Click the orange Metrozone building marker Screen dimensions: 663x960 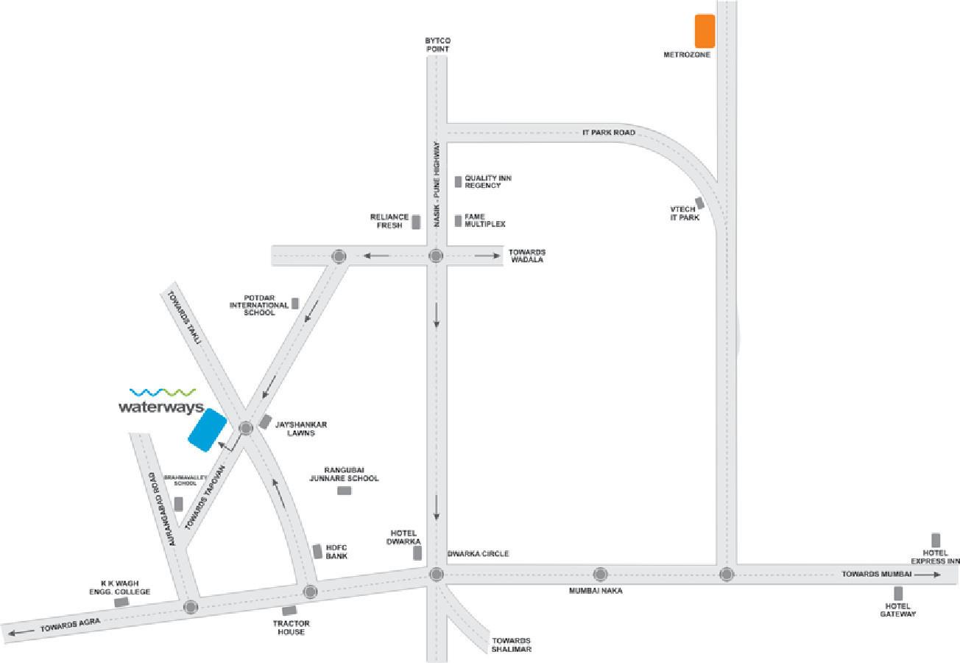tap(705, 30)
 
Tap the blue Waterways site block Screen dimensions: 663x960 tap(207, 429)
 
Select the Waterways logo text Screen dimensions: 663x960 tap(160, 407)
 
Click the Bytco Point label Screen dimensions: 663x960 tap(437, 44)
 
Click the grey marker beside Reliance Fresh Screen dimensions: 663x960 tap(416, 222)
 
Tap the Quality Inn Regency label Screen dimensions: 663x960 tap(487, 182)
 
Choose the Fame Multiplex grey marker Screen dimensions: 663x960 tap(458, 220)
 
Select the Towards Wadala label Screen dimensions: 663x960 tap(527, 256)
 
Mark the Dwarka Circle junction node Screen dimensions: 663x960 tap(436, 574)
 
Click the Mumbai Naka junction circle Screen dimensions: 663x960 tap(600, 574)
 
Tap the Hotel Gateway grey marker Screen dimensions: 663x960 tap(898, 593)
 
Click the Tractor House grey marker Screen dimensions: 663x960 tap(289, 611)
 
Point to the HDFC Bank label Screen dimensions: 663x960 tap(336, 552)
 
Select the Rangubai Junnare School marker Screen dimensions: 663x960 tap(344, 491)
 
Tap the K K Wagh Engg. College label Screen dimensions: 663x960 tap(125, 587)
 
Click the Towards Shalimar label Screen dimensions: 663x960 tap(512, 645)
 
